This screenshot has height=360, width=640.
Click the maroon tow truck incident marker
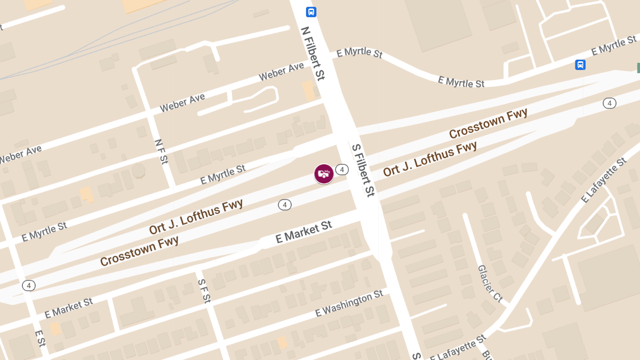coord(324,174)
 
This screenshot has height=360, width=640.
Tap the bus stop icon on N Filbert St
coord(311,12)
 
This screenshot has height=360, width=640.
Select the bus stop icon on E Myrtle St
coord(580,65)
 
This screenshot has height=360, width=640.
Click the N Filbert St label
coord(313,53)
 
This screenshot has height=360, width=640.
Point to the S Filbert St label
coord(362,169)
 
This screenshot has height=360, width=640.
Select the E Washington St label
coord(349,303)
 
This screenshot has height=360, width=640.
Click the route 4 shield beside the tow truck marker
coord(342,170)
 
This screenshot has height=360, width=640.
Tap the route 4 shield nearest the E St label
coord(29,285)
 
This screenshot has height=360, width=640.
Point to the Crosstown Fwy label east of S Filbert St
coord(488,123)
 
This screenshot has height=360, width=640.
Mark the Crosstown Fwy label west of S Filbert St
coord(139,251)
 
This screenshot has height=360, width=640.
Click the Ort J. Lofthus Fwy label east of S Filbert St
coord(430,158)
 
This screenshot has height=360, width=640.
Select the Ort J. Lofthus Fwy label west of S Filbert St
coord(196,217)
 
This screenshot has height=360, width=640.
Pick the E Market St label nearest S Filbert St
coord(303,233)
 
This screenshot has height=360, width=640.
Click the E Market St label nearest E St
coord(69,308)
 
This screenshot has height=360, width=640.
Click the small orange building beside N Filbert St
coord(309,90)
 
